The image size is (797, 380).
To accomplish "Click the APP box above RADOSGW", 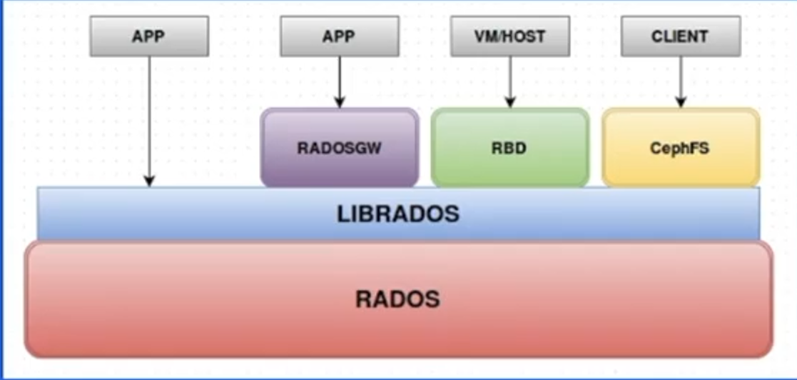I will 339,36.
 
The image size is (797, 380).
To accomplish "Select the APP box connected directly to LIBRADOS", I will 149,36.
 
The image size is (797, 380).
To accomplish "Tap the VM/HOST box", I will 510,36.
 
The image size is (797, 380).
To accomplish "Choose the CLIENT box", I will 680,36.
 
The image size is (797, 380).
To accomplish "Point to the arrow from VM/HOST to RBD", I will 510,80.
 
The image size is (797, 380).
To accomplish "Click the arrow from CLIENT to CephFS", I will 680,80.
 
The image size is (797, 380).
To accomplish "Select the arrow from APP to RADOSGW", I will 339,80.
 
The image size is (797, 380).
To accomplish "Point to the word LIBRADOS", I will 398,214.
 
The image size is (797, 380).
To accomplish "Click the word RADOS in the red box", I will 397,299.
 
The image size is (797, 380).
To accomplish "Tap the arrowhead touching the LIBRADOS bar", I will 149,182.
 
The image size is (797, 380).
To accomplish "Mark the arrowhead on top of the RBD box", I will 510,103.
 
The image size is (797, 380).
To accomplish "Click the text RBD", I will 510,149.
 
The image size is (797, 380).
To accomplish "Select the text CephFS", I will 679,149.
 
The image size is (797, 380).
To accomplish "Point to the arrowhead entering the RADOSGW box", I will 339,103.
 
